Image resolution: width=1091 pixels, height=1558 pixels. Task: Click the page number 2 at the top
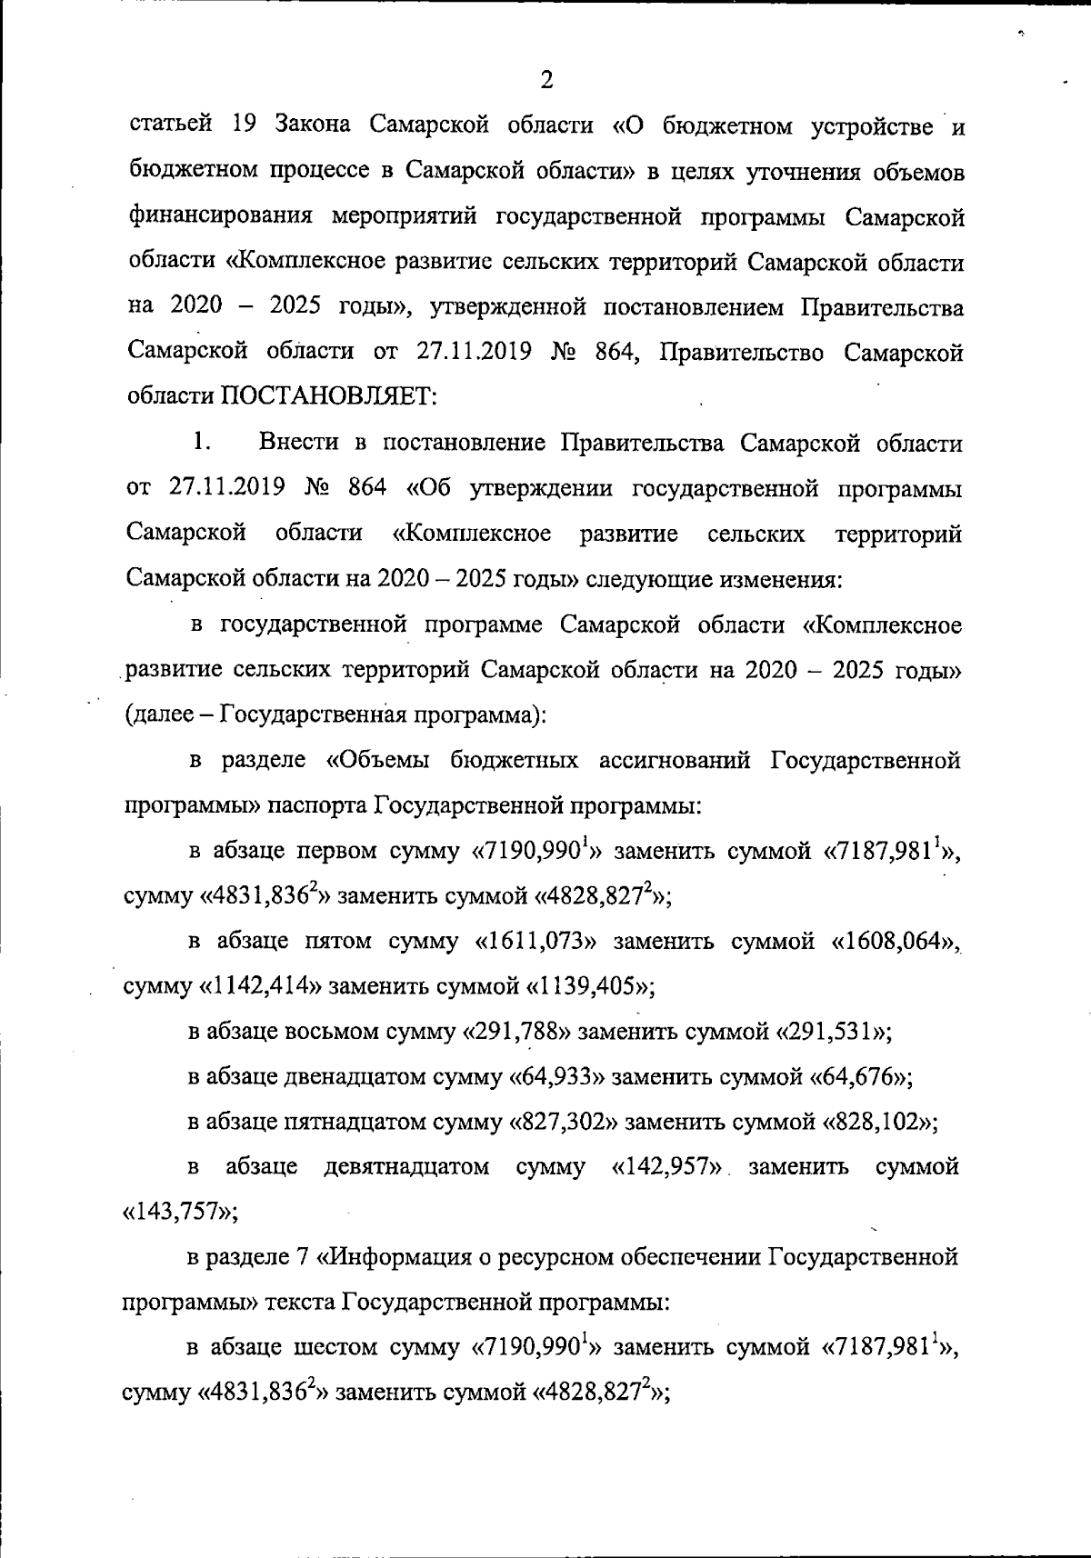545,80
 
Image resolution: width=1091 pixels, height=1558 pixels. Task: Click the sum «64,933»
556,1077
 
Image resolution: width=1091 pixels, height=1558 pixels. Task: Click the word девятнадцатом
406,1167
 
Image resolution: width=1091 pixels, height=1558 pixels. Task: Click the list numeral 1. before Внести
202,443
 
